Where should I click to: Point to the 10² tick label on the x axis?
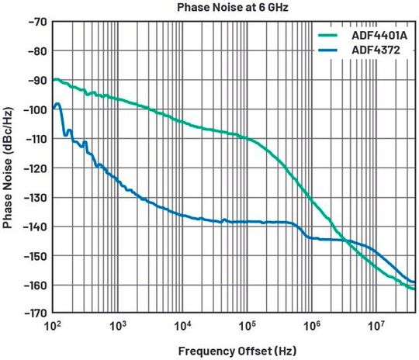tap(54, 326)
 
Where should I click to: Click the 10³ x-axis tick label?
tap(118, 326)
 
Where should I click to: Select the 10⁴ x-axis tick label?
tap(182, 326)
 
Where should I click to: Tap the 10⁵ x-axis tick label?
tap(247, 326)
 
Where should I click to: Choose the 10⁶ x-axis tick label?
tap(311, 326)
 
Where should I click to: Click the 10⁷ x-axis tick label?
tap(376, 326)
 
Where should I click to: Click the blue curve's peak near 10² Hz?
tap(57, 104)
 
